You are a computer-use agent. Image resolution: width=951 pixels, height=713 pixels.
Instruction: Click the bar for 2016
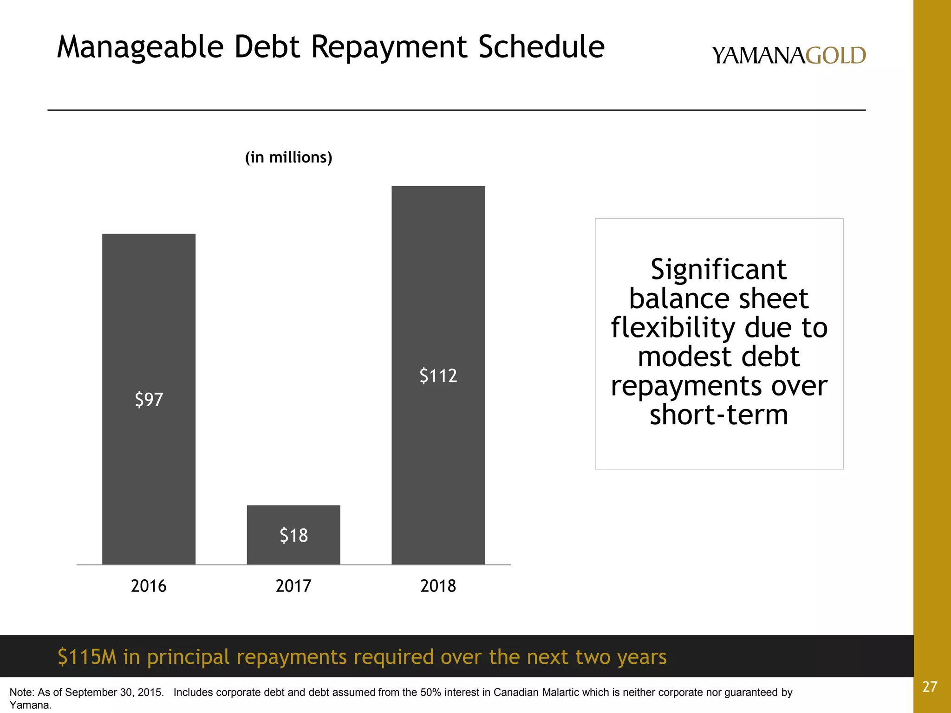click(149, 325)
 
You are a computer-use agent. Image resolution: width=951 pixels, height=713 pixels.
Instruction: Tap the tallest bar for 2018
click(438, 279)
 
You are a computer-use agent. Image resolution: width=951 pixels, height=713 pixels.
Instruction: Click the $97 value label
click(149, 400)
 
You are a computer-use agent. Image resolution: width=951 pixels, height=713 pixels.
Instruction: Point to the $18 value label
click(293, 536)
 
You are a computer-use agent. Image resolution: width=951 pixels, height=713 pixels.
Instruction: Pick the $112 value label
click(438, 376)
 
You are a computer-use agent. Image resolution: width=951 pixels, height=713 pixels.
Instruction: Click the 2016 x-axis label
click(149, 586)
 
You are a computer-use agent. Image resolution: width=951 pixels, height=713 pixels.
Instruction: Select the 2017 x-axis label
click(293, 586)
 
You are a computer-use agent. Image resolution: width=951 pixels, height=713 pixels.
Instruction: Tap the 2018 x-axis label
click(438, 586)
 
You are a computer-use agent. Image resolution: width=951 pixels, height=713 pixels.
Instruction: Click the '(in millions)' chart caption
click(289, 158)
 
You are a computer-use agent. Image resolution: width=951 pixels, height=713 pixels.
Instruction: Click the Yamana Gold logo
click(789, 56)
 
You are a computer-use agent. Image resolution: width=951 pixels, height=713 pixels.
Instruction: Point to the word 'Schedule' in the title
click(541, 47)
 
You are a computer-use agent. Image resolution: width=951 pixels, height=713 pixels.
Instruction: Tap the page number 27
click(930, 687)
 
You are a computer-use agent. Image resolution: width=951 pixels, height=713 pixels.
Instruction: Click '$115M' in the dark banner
click(87, 657)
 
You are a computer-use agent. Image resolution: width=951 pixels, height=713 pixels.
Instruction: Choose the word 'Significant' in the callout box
click(719, 269)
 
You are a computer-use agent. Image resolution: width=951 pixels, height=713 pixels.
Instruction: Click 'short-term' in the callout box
click(719, 415)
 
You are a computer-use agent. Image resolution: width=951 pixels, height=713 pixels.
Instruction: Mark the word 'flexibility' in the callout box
click(673, 327)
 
